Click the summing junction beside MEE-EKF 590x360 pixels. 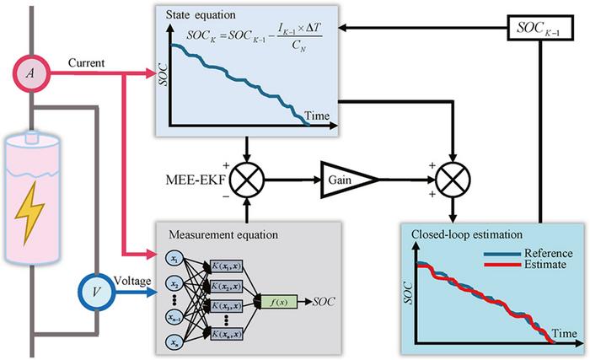(x=246, y=178)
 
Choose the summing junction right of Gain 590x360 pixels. (x=455, y=178)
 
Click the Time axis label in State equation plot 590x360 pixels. (x=317, y=116)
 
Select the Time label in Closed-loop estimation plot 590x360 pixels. (x=566, y=334)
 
